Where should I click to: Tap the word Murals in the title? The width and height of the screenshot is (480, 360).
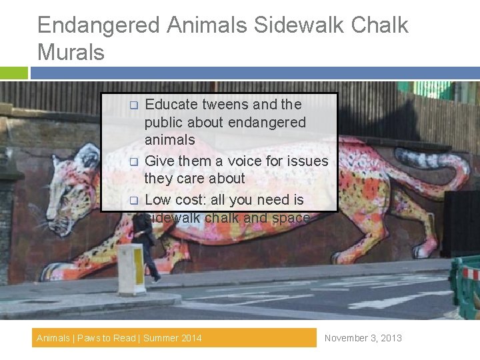point(71,51)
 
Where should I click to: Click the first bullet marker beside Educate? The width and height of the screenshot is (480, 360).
point(133,105)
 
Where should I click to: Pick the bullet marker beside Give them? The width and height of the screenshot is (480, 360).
point(133,162)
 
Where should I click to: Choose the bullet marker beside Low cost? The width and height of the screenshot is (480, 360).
point(133,200)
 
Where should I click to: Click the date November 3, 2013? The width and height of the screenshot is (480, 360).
point(363,338)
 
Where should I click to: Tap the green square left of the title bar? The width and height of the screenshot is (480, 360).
point(14,73)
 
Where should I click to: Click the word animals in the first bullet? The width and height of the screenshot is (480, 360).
point(169,140)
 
